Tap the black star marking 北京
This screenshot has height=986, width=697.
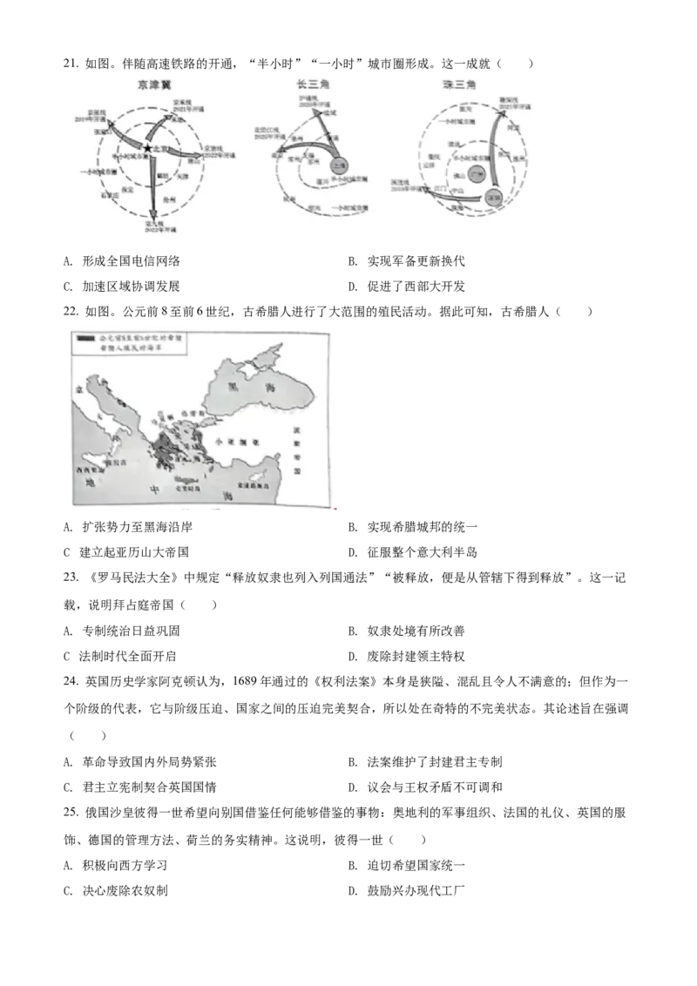pyautogui.click(x=149, y=150)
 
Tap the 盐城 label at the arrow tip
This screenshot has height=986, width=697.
pyautogui.click(x=328, y=114)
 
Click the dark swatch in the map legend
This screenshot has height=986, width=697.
pyautogui.click(x=85, y=336)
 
